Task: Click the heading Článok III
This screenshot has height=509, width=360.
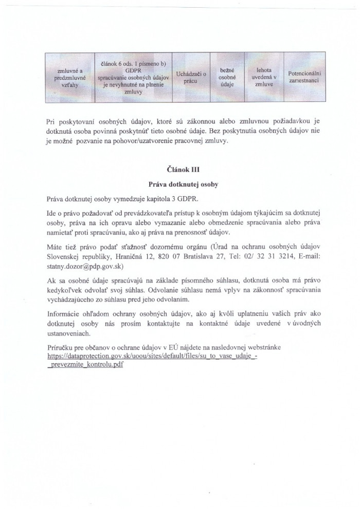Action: (179, 169)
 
